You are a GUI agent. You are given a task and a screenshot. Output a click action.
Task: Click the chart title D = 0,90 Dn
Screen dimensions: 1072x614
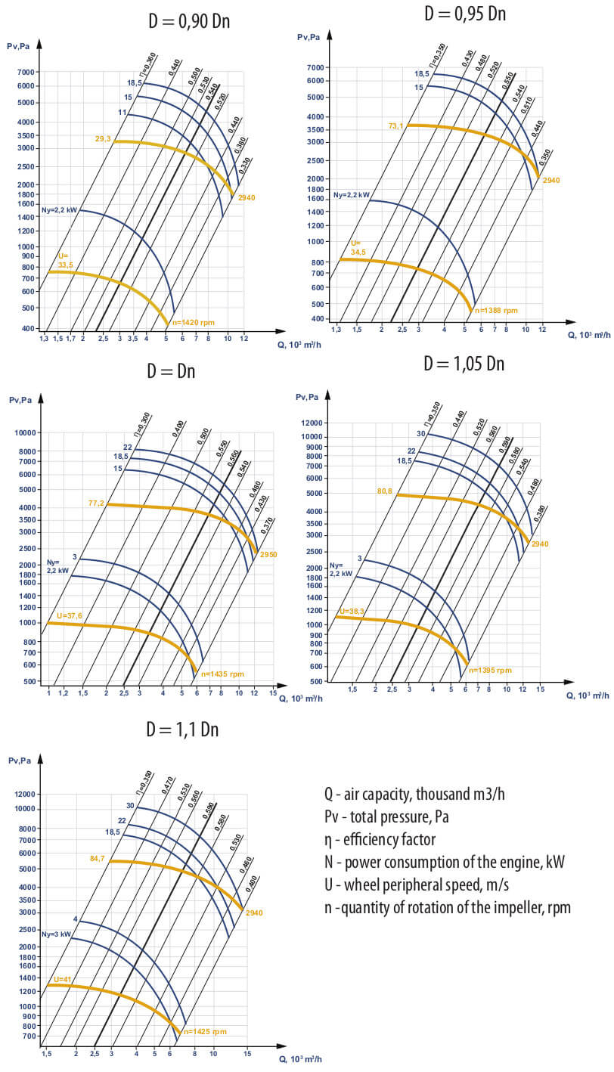188,21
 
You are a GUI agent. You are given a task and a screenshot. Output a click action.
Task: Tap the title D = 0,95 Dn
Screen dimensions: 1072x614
465,14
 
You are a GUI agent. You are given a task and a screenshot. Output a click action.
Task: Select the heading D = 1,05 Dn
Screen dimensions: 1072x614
464,364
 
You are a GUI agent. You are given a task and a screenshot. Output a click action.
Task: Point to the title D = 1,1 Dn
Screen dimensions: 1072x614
182,730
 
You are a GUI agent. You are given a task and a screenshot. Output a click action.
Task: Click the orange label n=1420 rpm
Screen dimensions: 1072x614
194,323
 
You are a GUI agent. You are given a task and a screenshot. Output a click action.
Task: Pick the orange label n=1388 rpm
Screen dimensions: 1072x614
497,310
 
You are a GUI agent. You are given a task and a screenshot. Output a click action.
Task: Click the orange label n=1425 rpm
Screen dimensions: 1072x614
205,1031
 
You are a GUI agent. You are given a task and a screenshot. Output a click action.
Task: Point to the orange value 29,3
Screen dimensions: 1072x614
103,138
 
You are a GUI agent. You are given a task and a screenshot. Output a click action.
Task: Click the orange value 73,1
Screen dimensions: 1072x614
396,125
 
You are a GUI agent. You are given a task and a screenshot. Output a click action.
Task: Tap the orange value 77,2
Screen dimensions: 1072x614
96,502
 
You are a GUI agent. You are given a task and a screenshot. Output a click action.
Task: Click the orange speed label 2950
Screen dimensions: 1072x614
269,555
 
